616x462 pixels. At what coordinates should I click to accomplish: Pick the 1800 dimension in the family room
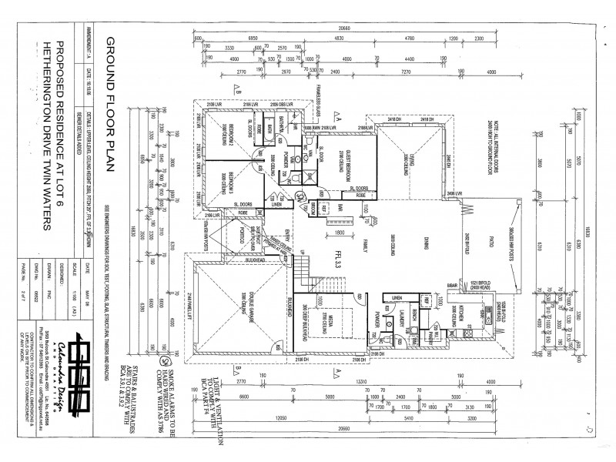336,232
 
